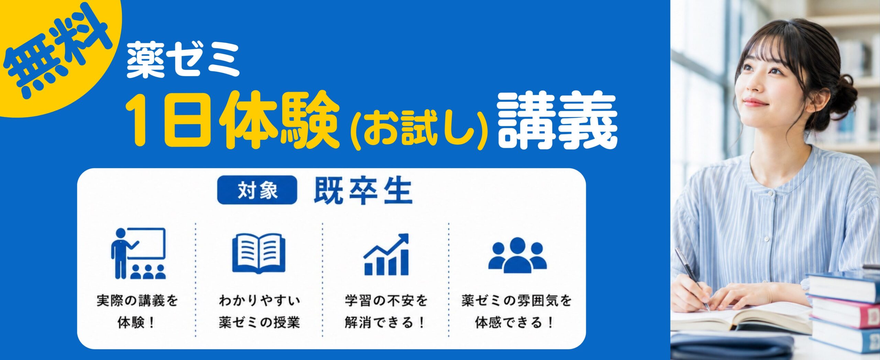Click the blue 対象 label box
point(257,190)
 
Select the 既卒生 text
point(363,191)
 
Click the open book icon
point(258,253)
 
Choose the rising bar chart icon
point(386,254)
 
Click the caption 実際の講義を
point(137,301)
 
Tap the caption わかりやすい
point(260,301)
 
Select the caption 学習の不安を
point(386,301)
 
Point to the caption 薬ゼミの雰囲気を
point(517,301)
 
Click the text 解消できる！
point(385,323)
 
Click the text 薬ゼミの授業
point(260,323)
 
